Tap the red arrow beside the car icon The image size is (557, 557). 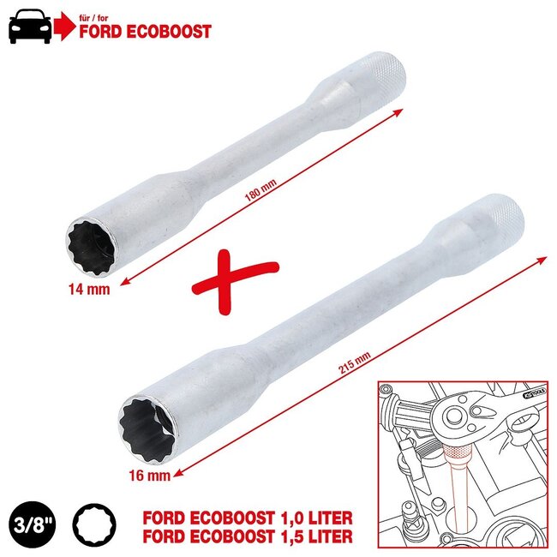tap(64, 27)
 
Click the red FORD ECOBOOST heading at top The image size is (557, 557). tap(144, 33)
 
